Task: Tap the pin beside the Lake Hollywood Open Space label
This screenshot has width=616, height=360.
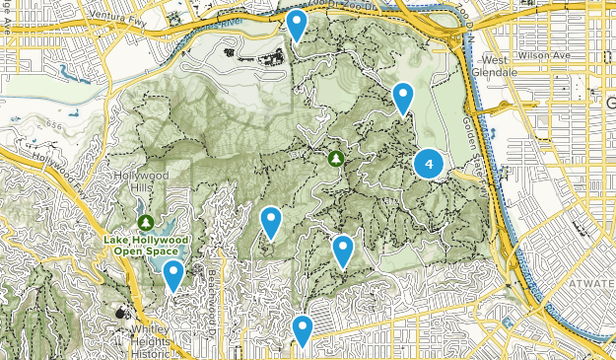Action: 173,276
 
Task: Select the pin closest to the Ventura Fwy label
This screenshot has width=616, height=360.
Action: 296,24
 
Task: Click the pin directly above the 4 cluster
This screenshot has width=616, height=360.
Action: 402,97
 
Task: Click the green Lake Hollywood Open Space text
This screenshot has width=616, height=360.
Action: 145,242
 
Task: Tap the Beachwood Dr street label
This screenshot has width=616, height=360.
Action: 210,286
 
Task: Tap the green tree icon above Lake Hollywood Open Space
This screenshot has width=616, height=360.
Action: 146,221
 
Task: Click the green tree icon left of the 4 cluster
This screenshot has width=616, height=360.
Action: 336,158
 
